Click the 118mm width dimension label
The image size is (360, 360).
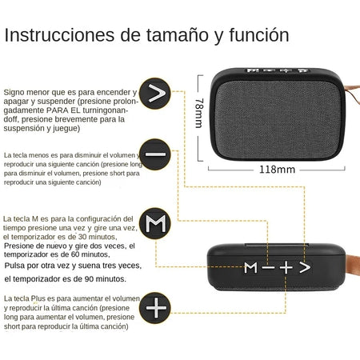pos(277,169)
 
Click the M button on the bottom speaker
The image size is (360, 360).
pos(251,266)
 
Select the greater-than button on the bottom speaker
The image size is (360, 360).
pos(304,266)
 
